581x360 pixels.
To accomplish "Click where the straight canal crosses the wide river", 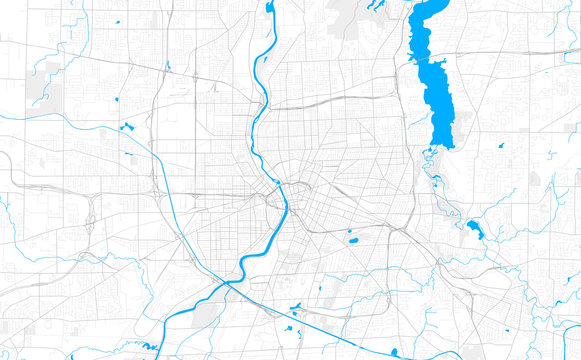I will [226, 284].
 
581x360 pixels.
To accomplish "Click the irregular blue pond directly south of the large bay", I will [474, 230].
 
